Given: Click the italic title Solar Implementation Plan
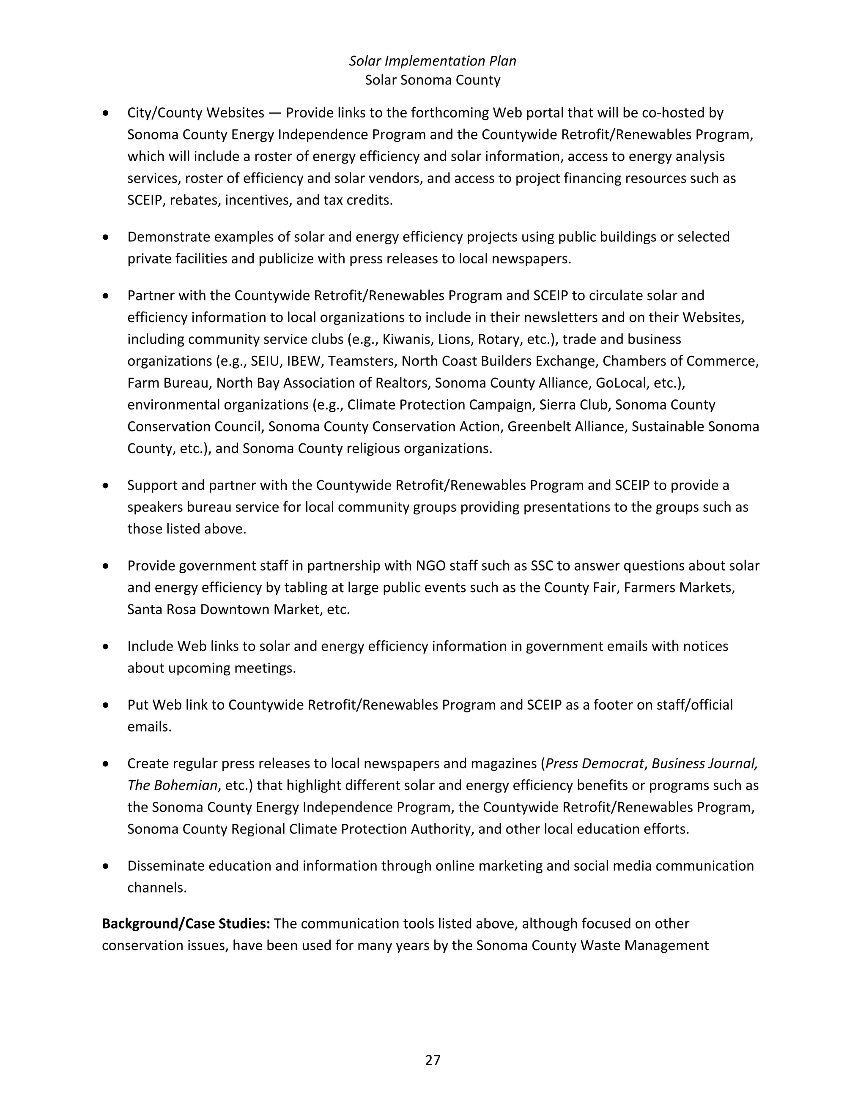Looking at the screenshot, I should [433, 61].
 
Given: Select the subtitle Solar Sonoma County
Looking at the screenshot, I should [433, 80].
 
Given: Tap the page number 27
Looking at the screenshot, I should [433, 1060].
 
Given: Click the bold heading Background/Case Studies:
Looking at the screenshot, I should [186, 923].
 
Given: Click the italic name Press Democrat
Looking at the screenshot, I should [594, 764].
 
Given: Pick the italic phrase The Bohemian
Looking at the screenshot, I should [173, 786].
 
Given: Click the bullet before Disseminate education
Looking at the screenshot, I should [106, 866].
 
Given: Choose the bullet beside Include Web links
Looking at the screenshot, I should [106, 647].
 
